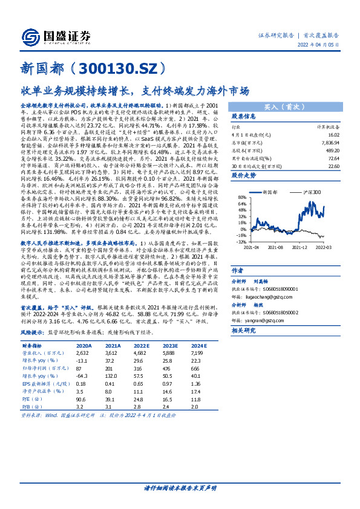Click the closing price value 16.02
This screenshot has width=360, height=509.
coord(332,135)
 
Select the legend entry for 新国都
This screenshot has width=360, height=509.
coord(276,192)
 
